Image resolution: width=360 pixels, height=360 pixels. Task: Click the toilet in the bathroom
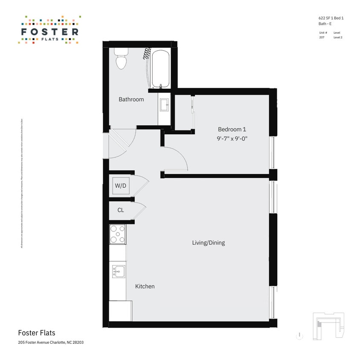pyautogui.click(x=121, y=60)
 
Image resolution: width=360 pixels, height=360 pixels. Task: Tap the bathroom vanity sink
pyautogui.click(x=164, y=104)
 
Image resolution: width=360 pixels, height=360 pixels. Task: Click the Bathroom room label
pyautogui.click(x=131, y=99)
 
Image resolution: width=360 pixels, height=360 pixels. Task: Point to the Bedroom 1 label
pyautogui.click(x=232, y=129)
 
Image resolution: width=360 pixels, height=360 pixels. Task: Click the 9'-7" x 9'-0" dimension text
pyautogui.click(x=232, y=138)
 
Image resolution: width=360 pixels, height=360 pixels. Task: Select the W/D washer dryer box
pyautogui.click(x=120, y=186)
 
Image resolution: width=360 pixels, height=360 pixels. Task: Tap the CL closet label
pyautogui.click(x=121, y=210)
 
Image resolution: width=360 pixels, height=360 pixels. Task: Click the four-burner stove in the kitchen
pyautogui.click(x=118, y=234)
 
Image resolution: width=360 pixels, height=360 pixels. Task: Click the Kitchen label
pyautogui.click(x=145, y=286)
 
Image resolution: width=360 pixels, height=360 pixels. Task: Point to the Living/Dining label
pyautogui.click(x=208, y=243)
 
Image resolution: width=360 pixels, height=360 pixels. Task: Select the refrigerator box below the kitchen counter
pyautogui.click(x=120, y=311)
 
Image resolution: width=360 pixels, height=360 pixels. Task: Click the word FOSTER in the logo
pyautogui.click(x=49, y=32)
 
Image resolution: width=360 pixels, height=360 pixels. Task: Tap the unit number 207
pyautogui.click(x=322, y=38)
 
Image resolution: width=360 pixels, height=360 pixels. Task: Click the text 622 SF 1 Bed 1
pyautogui.click(x=331, y=18)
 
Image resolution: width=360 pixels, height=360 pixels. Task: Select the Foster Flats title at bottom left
pyautogui.click(x=36, y=333)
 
